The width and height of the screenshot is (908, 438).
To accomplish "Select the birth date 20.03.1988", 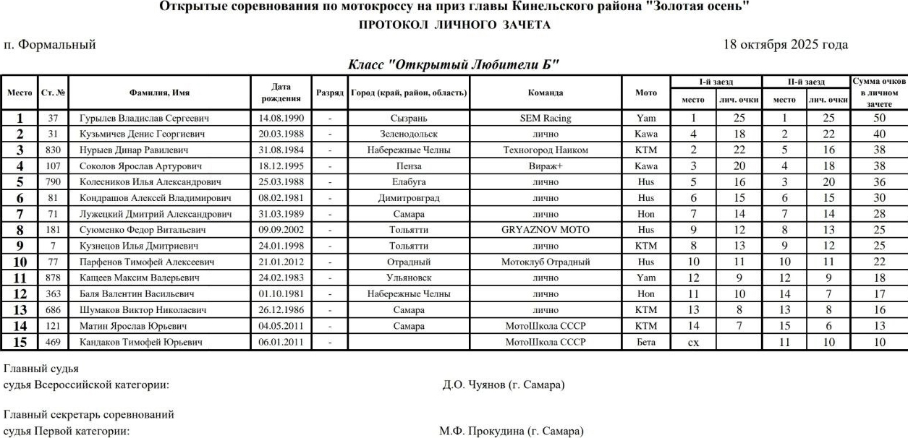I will (281, 134).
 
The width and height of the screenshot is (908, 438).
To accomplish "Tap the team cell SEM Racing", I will (545, 119).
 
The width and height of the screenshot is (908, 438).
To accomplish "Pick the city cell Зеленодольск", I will (408, 134).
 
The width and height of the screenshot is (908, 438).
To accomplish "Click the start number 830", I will (53, 150).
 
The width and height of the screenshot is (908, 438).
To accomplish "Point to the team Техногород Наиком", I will (545, 150).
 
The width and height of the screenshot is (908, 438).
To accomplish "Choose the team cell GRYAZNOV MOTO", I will (545, 229).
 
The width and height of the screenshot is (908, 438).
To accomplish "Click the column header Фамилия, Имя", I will (159, 93).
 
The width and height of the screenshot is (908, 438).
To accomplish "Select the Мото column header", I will (646, 93).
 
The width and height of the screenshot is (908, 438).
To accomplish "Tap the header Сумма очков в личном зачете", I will (879, 93).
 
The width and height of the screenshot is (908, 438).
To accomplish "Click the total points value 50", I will (879, 119).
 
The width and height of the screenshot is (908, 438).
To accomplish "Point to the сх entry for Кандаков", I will (692, 342).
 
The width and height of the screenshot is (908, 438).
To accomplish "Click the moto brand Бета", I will (646, 342).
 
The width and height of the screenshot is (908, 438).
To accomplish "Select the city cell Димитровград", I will (408, 197).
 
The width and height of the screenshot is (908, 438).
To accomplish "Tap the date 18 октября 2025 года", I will (786, 45).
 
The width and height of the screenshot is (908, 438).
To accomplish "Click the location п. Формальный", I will (50, 45).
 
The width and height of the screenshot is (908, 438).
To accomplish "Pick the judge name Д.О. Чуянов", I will (503, 385).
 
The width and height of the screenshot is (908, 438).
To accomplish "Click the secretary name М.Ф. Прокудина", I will (510, 431).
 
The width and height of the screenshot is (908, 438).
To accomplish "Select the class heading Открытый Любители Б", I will (454, 64).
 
